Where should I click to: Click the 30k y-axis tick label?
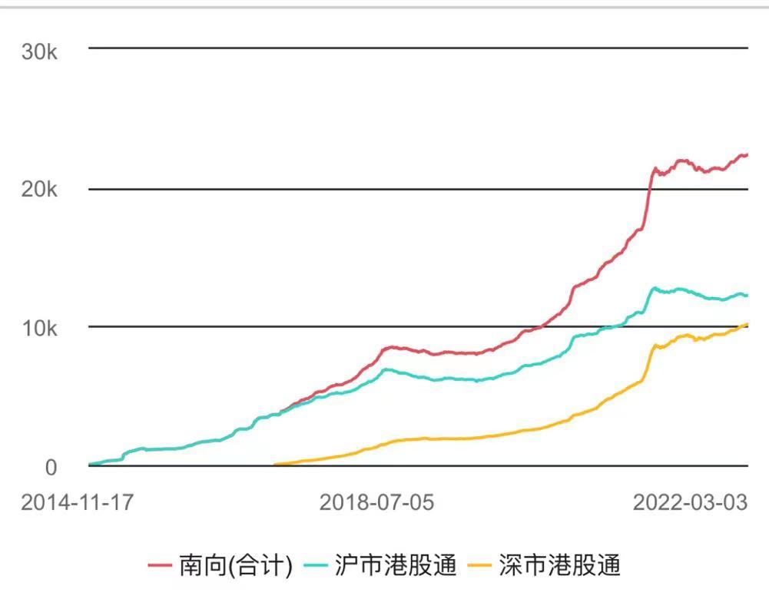pyautogui.click(x=39, y=51)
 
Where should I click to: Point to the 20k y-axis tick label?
pyautogui.click(x=39, y=190)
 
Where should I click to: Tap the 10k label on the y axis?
pyautogui.click(x=39, y=329)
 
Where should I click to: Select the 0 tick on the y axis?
pyautogui.click(x=50, y=467)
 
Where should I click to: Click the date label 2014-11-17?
pyautogui.click(x=77, y=503)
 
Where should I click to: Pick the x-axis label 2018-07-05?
pyautogui.click(x=376, y=503)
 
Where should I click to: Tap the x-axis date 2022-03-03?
pyautogui.click(x=690, y=503)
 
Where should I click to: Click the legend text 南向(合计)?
pyautogui.click(x=236, y=566)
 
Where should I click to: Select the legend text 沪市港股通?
pyautogui.click(x=396, y=566)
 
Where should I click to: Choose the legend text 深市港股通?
pyautogui.click(x=559, y=566)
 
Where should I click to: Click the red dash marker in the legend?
pyautogui.click(x=159, y=567)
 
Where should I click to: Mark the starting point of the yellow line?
pyautogui.click(x=275, y=464)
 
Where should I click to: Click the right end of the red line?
pyautogui.click(x=747, y=154)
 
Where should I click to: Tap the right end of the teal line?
pyautogui.click(x=747, y=295)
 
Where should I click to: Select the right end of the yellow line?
pyautogui.click(x=747, y=324)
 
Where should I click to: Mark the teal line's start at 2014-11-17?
pyautogui.click(x=90, y=464)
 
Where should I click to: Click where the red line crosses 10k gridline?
pyautogui.click(x=543, y=326)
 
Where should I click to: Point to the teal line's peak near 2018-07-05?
pyautogui.click(x=386, y=369)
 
